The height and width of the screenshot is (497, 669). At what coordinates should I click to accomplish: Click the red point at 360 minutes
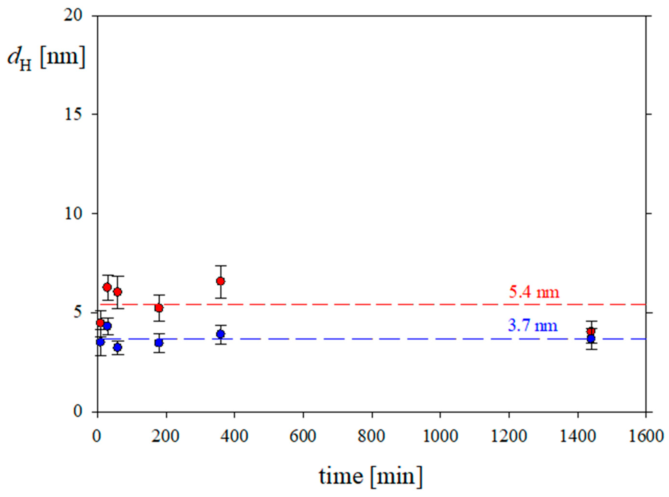pyautogui.click(x=221, y=281)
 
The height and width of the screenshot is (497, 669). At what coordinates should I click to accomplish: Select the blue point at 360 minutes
pyautogui.click(x=221, y=334)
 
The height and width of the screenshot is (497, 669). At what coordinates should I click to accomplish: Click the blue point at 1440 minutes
pyautogui.click(x=591, y=339)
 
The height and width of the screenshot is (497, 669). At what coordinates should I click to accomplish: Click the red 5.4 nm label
pyautogui.click(x=534, y=292)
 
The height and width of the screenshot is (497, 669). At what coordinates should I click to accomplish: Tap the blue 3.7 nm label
pyautogui.click(x=533, y=326)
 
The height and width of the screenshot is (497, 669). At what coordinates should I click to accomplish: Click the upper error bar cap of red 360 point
pyautogui.click(x=221, y=266)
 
